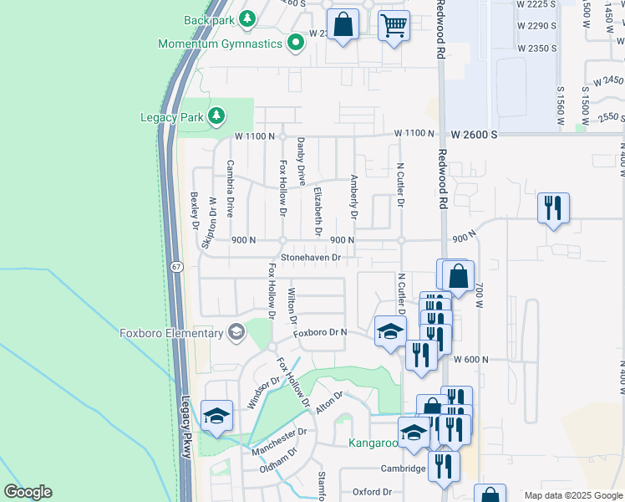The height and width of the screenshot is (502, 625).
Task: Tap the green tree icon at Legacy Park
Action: tap(216, 115)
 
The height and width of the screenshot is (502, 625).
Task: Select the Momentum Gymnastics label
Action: tap(220, 44)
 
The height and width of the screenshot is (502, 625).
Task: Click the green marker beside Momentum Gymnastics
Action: tap(296, 42)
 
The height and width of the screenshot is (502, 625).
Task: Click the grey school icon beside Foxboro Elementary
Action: tap(236, 333)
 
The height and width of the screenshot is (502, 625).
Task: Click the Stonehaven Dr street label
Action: tap(310, 258)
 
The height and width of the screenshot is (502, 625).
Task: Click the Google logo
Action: tap(28, 492)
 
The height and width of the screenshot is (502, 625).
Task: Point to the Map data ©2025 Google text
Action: tap(573, 495)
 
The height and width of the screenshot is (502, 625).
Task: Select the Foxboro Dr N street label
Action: tap(320, 333)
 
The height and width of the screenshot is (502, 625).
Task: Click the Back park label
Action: tap(209, 19)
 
